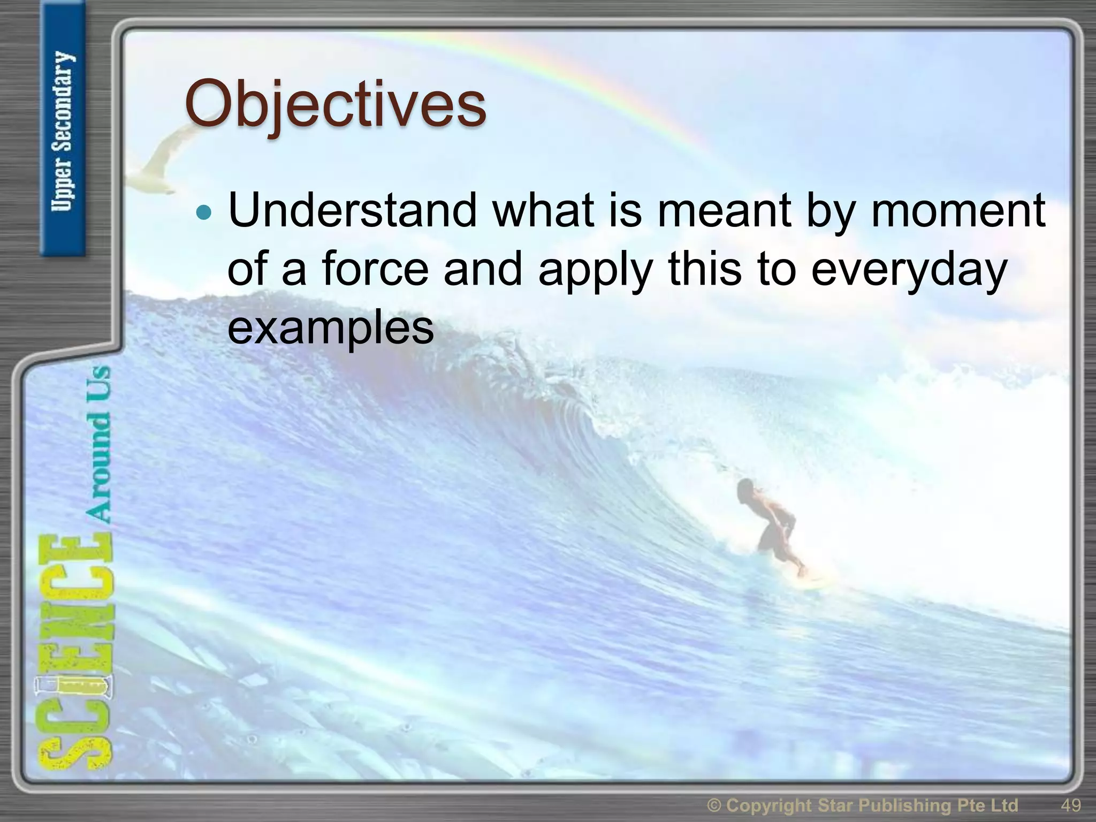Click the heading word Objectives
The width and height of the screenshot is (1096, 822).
pos(336,104)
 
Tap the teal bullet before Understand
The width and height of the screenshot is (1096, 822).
pos(204,213)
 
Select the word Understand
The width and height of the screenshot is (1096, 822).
pos(352,210)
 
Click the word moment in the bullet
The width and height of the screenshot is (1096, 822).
pos(958,210)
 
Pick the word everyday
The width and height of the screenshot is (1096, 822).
pos(909,269)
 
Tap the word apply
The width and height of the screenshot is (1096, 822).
pos(595,269)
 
